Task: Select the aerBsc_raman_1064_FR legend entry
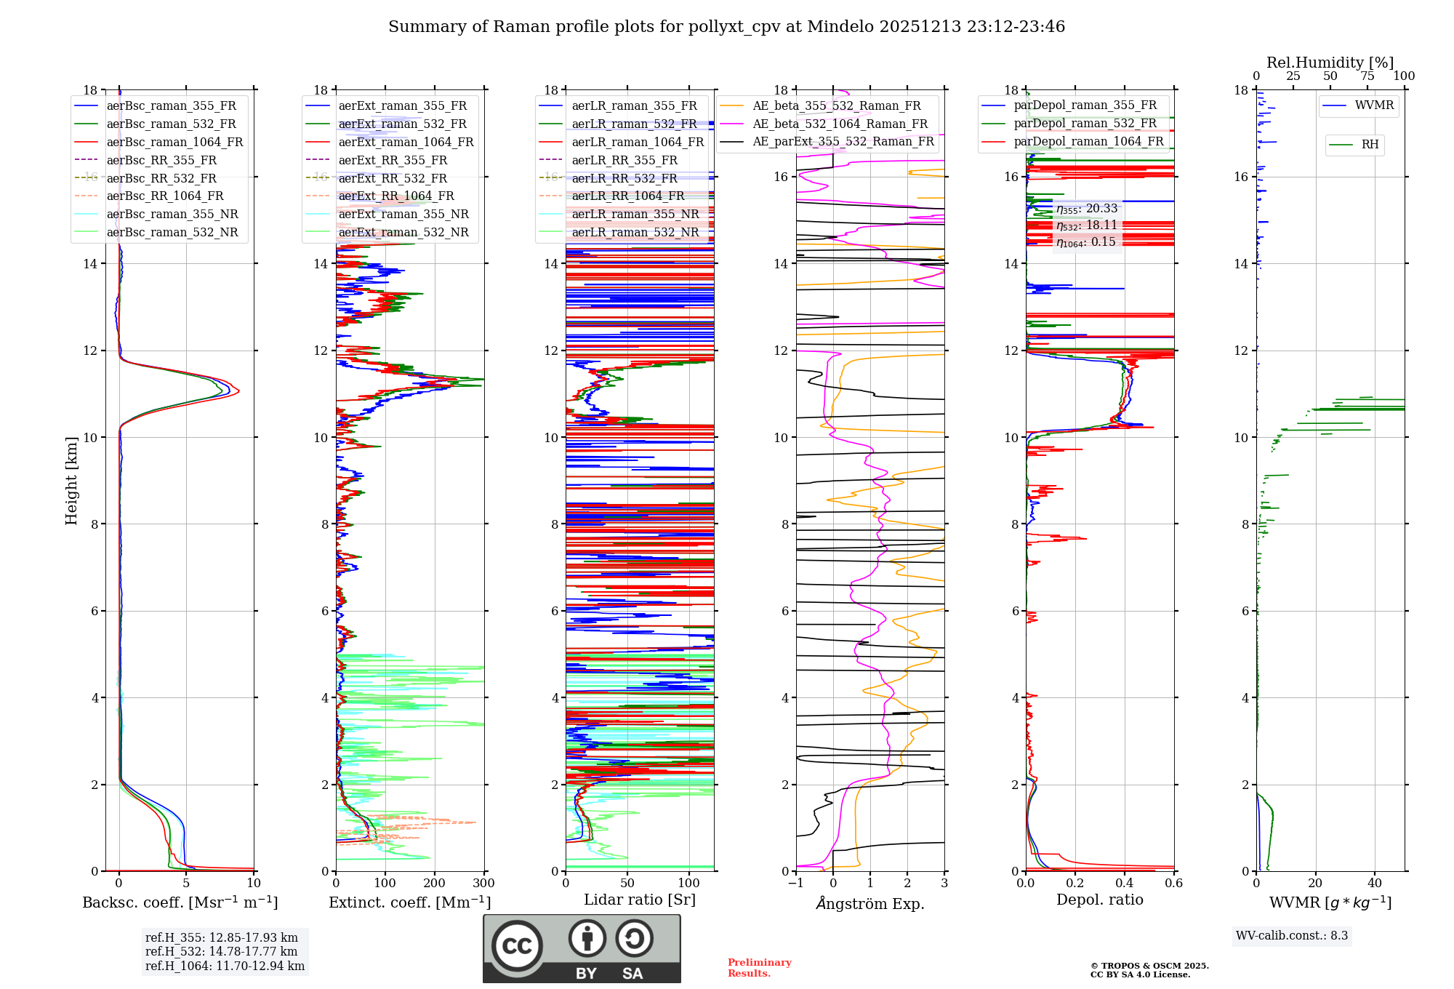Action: [174, 142]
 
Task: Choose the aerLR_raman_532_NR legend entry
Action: [635, 232]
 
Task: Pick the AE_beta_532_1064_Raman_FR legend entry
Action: [840, 124]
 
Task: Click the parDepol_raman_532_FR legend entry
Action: [1085, 123]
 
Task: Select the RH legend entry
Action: [1370, 145]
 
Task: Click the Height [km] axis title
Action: [71, 480]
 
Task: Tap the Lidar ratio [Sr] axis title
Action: [640, 900]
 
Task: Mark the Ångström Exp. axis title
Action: [870, 903]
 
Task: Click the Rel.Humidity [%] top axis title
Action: [1330, 63]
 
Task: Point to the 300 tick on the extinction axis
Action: [483, 884]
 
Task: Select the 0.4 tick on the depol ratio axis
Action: [1124, 884]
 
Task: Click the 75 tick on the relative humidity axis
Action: [1367, 76]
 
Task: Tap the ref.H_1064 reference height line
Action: [225, 966]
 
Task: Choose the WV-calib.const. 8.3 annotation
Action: [1292, 935]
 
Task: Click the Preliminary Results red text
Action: [759, 967]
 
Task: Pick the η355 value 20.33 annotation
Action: [1087, 209]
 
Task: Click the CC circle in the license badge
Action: [517, 946]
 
